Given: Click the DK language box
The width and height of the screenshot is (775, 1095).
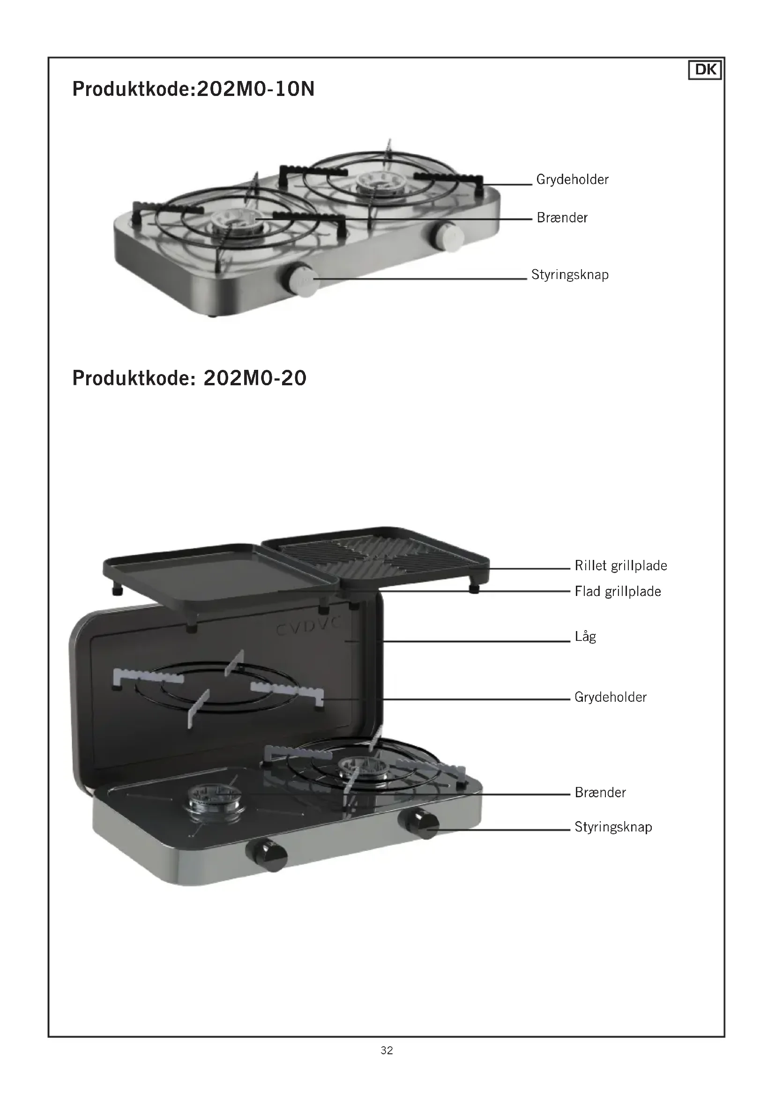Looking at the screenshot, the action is click(705, 70).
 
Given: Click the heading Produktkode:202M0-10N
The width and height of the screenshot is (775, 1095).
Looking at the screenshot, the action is click(193, 89).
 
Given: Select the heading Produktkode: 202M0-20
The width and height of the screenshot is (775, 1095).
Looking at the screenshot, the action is click(189, 378).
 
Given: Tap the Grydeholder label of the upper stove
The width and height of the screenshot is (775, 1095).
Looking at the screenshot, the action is click(572, 180).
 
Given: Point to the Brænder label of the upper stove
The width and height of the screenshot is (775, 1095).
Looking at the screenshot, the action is click(562, 218).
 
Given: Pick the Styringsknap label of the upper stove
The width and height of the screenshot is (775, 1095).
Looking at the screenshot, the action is click(570, 275).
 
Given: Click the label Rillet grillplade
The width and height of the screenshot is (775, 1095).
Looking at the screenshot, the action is click(620, 566).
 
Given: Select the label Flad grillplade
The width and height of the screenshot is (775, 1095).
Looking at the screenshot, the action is click(618, 592).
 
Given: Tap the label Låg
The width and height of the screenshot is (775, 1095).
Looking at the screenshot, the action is click(585, 637).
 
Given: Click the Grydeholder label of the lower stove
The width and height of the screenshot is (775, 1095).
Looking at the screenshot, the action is click(611, 698).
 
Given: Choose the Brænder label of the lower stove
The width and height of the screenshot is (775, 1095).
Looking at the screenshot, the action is click(600, 793).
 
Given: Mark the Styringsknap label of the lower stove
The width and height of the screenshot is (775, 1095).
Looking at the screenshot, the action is click(613, 827).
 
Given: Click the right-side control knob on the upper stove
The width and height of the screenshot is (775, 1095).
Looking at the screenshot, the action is click(448, 235).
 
